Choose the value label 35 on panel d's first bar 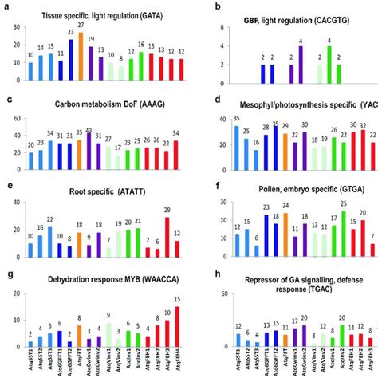pyautogui.click(x=238, y=118)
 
